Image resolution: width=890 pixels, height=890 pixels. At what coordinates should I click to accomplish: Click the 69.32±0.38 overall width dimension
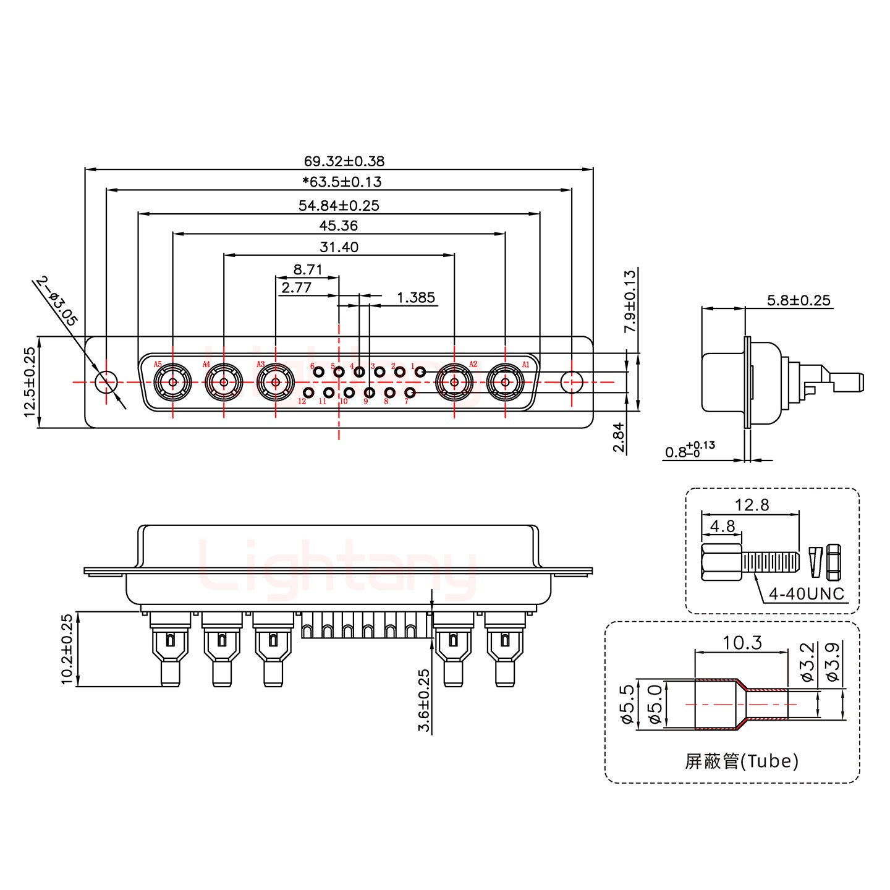coord(344,161)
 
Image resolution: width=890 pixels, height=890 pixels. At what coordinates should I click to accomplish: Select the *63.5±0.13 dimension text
coord(342,182)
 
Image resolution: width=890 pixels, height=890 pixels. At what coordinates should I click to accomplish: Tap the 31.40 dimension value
coord(339,247)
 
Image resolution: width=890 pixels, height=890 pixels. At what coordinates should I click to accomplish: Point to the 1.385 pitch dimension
coord(415,298)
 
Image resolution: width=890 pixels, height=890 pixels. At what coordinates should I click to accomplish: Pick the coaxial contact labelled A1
coord(506,383)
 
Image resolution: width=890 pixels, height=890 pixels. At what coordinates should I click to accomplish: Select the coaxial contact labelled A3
coord(275,383)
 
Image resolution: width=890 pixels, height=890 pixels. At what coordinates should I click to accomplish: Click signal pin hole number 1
coord(420,371)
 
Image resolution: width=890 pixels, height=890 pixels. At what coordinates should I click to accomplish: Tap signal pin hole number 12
coord(308,393)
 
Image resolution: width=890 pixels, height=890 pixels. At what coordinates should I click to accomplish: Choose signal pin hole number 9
coord(370,392)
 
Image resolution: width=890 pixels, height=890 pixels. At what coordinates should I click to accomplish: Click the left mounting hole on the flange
coord(106,382)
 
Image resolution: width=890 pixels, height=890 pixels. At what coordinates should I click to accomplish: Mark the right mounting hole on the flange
coord(572,382)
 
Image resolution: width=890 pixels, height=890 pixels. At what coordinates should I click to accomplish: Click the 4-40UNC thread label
coord(806,595)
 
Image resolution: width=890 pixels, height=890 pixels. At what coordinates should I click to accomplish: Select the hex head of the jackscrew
coord(721,562)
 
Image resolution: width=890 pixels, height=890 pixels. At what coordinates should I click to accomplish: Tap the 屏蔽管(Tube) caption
coord(741,761)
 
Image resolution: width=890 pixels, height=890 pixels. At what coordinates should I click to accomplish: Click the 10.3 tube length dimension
coord(742,643)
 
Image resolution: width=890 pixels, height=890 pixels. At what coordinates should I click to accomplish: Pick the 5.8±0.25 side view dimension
coord(799,300)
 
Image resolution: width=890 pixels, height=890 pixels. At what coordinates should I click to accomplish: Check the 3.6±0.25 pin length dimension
coord(424,700)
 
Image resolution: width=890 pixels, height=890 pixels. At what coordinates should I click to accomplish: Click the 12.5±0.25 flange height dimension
coord(30,382)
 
